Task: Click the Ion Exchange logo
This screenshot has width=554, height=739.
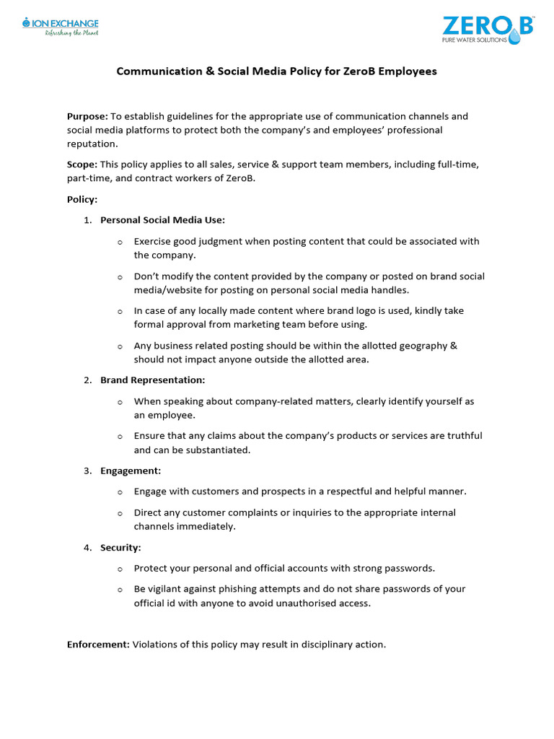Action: coord(60,27)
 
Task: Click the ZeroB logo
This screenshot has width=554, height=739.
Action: coord(488,29)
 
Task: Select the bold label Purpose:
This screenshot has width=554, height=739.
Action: coord(87,116)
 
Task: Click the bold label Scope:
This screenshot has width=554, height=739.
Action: coord(82,165)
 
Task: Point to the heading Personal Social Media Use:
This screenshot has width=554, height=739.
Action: coord(162,220)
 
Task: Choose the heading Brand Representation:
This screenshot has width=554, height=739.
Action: coord(152,380)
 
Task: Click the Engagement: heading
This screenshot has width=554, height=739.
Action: coord(131,471)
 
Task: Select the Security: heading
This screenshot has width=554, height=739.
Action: coord(120,548)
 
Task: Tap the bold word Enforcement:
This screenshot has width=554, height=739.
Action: coord(98,644)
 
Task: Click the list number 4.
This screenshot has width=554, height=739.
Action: coord(87,548)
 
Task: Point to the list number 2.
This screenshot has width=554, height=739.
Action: coord(87,380)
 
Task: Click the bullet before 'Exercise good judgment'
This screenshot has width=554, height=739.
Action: coord(120,242)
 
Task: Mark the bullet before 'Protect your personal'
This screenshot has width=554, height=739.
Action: coord(120,569)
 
